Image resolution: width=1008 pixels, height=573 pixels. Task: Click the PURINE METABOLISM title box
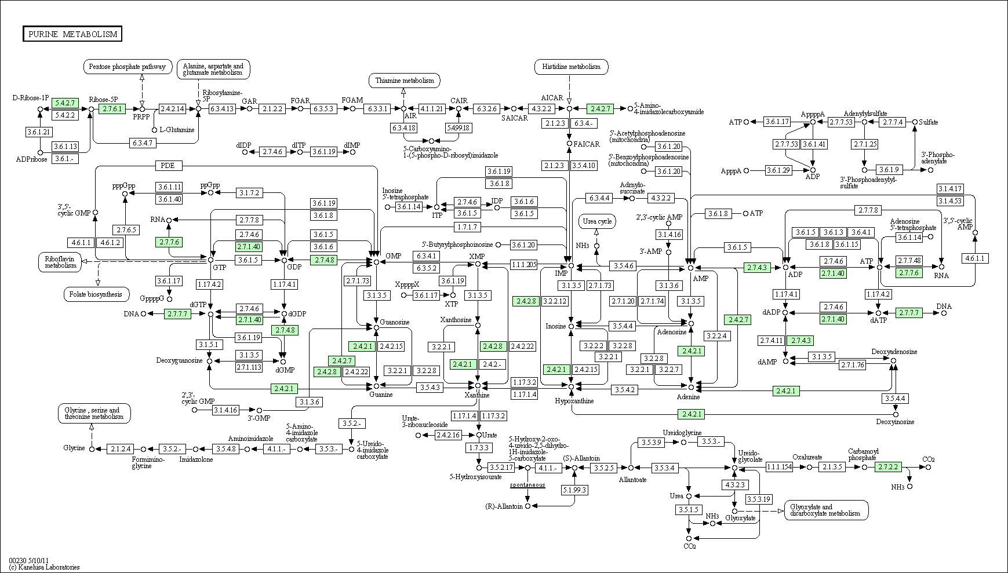(72, 34)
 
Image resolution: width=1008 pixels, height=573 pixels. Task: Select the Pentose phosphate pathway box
(128, 67)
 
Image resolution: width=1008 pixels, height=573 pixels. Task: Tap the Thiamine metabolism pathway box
(404, 81)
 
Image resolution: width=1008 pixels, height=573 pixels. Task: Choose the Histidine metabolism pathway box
(571, 67)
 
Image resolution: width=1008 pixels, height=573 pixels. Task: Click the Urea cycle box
(596, 221)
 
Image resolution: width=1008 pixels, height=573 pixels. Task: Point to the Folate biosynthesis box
(96, 294)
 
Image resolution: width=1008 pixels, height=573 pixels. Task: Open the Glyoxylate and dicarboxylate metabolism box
(826, 510)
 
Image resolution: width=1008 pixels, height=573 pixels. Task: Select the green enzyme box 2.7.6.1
(112, 108)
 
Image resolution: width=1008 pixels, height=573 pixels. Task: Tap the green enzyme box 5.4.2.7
(64, 103)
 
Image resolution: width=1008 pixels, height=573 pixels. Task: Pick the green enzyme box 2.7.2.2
(888, 466)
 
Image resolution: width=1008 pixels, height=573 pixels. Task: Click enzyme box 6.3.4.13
(221, 108)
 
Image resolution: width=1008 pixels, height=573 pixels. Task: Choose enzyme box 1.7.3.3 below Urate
(479, 448)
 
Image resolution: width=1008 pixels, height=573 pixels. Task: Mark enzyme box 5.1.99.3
(574, 490)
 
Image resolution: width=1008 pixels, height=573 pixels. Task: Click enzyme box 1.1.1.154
(779, 466)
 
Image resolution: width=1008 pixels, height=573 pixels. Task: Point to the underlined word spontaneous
(527, 484)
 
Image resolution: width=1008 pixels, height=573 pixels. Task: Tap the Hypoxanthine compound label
(574, 401)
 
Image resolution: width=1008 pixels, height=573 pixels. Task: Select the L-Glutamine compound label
(177, 130)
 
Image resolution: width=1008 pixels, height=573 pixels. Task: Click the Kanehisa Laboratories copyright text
(44, 567)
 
